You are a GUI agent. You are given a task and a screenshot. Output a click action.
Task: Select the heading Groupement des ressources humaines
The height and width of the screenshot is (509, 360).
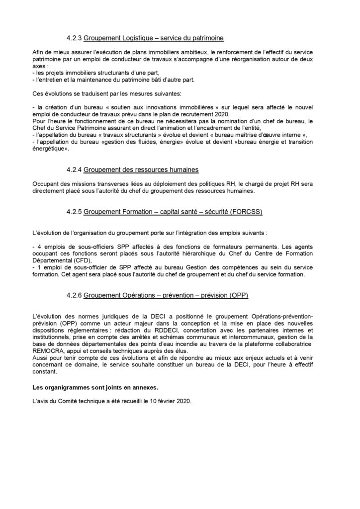[x=141, y=170]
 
